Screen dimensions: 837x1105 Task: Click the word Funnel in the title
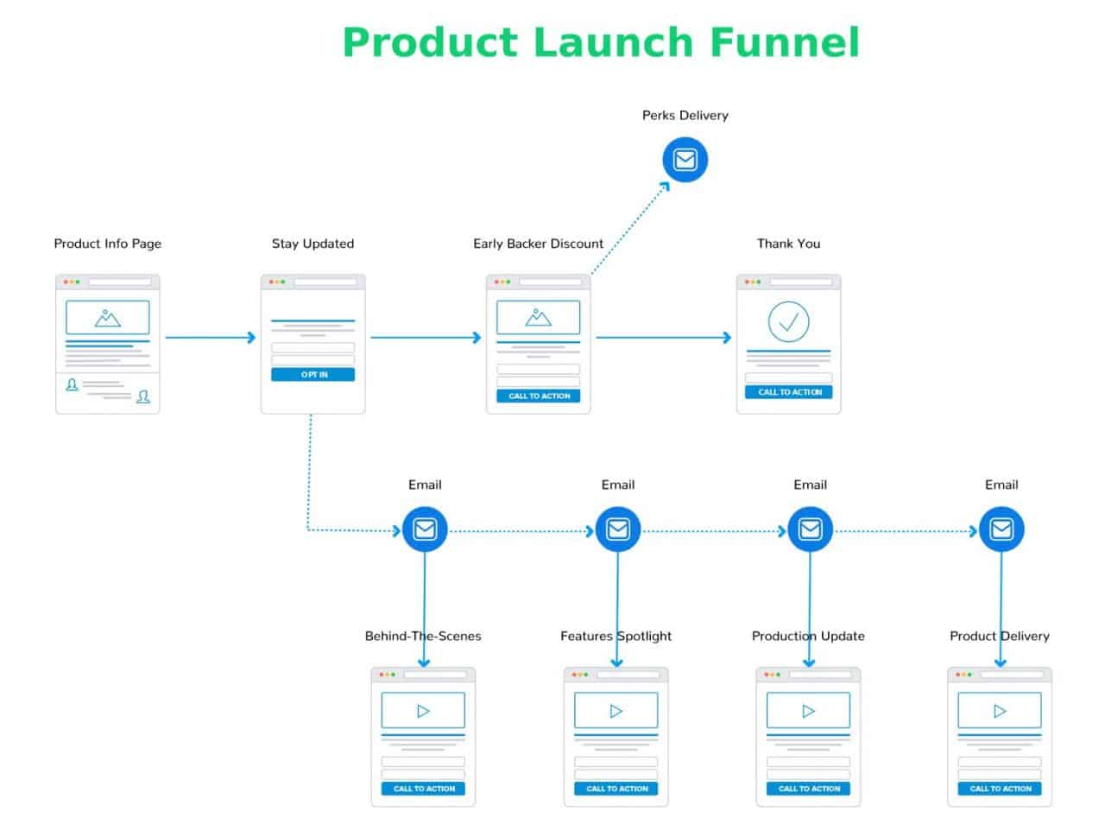[x=784, y=42]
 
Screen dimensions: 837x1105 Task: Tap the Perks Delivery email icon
[x=685, y=160]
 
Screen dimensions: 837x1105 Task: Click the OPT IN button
[x=313, y=375]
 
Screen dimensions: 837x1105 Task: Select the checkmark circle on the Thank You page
[x=788, y=322]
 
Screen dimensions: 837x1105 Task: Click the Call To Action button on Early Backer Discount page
[x=539, y=396]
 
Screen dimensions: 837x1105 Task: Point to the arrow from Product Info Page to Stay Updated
[x=210, y=337]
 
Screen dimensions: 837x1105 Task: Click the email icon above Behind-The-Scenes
[x=425, y=529]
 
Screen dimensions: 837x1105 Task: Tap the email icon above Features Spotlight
[x=618, y=529]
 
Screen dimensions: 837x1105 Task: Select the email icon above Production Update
[x=810, y=529]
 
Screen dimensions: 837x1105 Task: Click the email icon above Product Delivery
[x=1001, y=529]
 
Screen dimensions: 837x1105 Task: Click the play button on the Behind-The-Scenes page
[x=423, y=711]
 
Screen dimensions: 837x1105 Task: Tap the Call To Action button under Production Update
[x=809, y=788]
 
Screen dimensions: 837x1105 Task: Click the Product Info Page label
[x=107, y=244]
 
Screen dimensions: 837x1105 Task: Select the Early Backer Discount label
[x=538, y=244]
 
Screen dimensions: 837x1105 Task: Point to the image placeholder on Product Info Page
[x=107, y=318]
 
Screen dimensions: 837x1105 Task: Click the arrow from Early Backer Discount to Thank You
[x=663, y=337]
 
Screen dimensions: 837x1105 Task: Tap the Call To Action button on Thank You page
[x=789, y=391]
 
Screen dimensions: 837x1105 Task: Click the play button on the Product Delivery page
[x=1000, y=711]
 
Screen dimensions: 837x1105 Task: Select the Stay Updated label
[x=313, y=244]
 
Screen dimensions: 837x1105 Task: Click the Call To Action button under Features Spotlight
[x=616, y=788]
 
